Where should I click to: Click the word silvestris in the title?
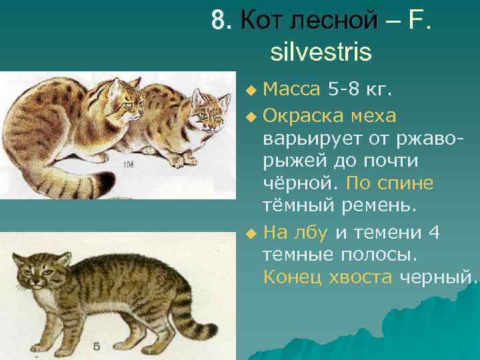321,51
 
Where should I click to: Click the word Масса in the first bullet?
291,88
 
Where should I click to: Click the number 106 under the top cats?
128,165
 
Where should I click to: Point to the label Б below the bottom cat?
97,347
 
